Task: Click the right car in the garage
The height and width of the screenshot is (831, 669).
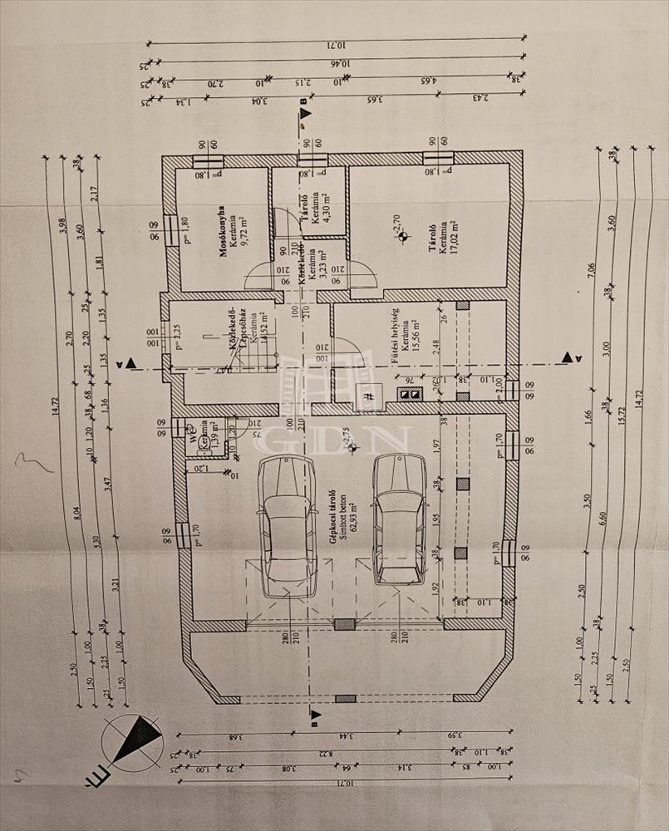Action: click(x=399, y=519)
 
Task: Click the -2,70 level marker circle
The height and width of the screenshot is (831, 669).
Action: click(x=403, y=237)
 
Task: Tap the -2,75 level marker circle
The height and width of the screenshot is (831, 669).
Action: click(x=355, y=448)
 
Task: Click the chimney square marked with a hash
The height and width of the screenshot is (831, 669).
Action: click(x=367, y=396)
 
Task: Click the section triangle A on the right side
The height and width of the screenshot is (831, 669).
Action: click(x=568, y=357)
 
